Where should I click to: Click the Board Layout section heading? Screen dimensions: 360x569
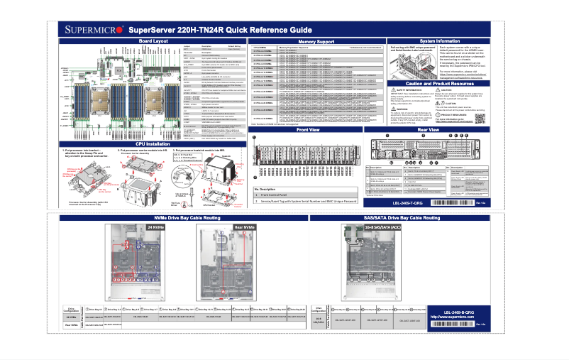click(x=153, y=42)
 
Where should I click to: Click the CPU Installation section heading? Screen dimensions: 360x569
click(x=153, y=143)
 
